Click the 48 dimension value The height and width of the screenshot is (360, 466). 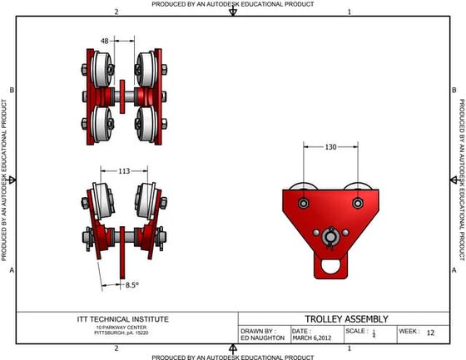pos(105,40)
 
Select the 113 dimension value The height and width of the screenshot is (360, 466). pos(124,171)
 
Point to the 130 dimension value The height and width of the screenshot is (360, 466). pos(331,147)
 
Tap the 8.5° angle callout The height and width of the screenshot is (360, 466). pos(131,284)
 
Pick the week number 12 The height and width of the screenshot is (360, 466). pos(430,332)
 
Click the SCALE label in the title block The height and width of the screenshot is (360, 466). pos(357,331)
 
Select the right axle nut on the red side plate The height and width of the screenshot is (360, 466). pos(357,203)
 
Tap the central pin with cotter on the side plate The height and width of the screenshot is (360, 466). pos(331,238)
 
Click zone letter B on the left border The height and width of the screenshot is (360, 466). pos(11,90)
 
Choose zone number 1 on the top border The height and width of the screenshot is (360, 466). pos(349,12)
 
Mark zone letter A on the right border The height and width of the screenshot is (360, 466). pos(454,271)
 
